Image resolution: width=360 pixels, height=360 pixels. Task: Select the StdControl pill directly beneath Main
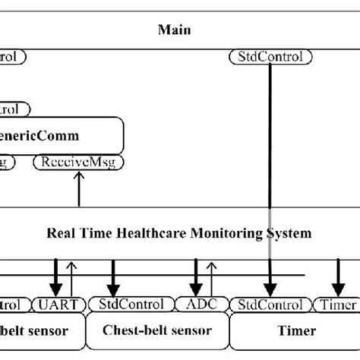(x=270, y=56)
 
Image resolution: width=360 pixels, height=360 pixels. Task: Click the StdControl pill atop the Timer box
(x=270, y=305)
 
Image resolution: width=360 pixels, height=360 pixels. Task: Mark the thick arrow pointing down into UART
(x=55, y=277)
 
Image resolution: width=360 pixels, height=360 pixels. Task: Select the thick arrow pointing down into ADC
(x=196, y=277)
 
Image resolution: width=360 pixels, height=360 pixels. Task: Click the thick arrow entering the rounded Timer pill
(x=336, y=277)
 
